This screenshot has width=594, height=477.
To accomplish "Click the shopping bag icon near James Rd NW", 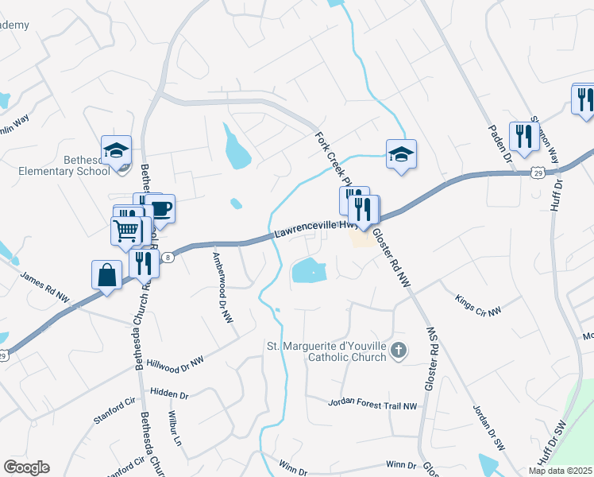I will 106,275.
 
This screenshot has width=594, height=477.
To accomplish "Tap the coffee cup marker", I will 161,209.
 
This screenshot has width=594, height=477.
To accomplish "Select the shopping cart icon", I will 125,231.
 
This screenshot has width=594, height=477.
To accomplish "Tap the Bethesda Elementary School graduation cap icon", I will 116,149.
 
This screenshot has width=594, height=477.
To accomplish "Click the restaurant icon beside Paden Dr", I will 523,136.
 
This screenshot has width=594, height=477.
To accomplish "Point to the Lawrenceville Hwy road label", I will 313,229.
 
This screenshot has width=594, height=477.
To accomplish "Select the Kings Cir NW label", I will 479,305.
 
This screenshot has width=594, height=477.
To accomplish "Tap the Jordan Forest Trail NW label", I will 372,405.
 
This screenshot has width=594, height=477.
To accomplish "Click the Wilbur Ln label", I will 175,429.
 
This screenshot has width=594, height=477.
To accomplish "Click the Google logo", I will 26,467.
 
